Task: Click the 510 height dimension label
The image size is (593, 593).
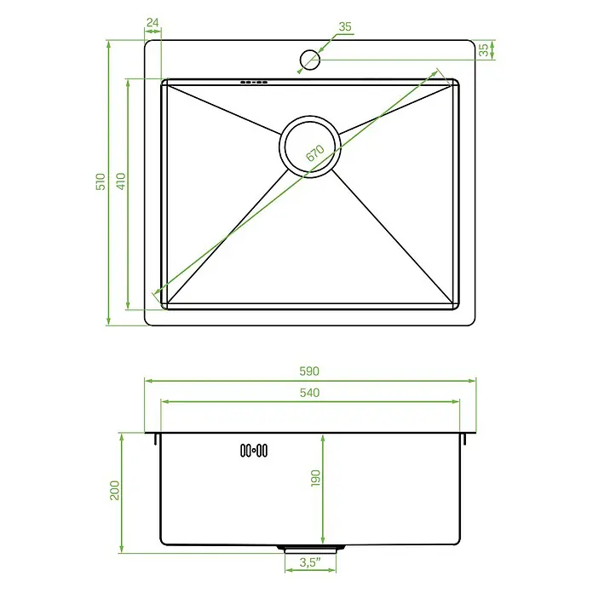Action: click(x=101, y=181)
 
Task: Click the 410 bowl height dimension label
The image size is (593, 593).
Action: click(x=120, y=181)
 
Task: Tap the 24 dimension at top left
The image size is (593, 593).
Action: click(x=153, y=23)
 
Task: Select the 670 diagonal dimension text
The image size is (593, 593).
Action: click(x=315, y=153)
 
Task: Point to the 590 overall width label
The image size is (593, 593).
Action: click(x=309, y=371)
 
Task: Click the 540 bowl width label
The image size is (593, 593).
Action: click(x=310, y=393)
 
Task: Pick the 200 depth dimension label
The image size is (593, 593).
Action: click(x=114, y=491)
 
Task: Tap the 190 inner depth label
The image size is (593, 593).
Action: click(x=315, y=479)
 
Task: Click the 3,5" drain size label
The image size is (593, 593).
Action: click(x=310, y=562)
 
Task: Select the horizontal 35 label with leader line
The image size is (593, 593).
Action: click(x=345, y=27)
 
